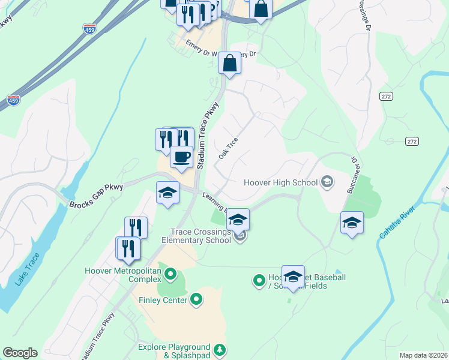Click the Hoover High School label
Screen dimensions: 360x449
click(281, 182)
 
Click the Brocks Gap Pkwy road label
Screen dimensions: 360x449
click(96, 196)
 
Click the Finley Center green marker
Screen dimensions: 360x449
click(196, 299)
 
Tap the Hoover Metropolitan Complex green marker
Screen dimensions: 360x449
click(170, 275)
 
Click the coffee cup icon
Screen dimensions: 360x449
click(181, 157)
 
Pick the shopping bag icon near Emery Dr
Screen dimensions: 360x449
click(230, 62)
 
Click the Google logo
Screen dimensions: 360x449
click(20, 353)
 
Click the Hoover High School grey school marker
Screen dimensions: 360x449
click(327, 181)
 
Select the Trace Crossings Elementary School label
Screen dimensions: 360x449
click(200, 236)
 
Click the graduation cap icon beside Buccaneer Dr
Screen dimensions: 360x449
click(352, 223)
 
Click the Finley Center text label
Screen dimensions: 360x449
click(163, 300)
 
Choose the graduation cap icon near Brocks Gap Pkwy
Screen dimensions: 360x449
click(167, 193)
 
